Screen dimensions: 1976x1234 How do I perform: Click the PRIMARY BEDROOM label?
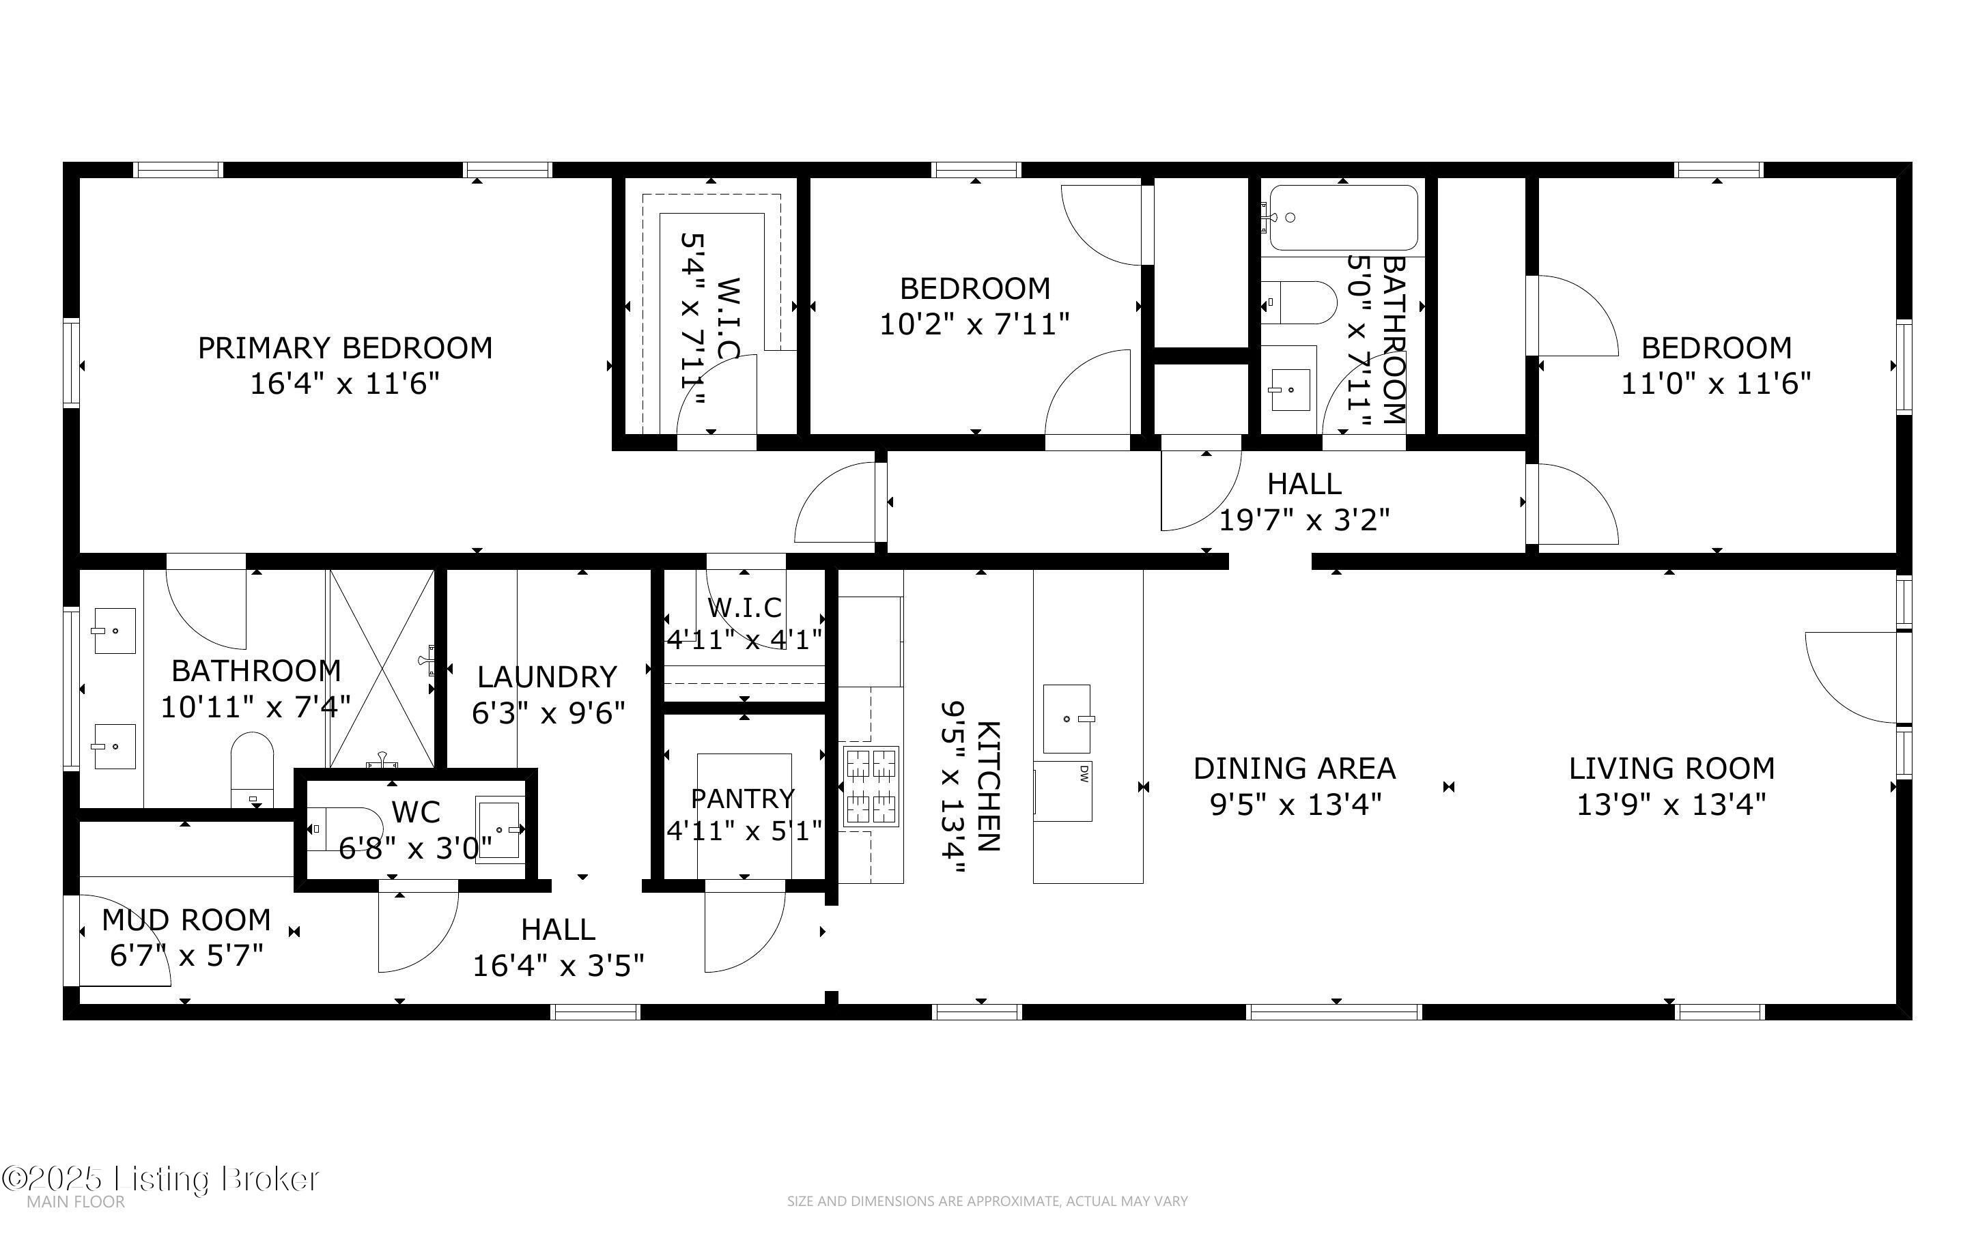pos(345,347)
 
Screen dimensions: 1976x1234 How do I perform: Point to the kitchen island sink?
pos(1067,719)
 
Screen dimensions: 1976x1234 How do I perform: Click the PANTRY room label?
pos(743,797)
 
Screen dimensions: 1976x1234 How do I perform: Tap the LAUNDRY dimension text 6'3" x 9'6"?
pos(548,713)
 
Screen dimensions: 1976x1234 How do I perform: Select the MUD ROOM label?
pos(186,920)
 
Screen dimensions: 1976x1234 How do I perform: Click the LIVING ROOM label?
pos(1671,768)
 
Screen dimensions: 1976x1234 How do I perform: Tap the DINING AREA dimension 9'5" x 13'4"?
pos(1295,805)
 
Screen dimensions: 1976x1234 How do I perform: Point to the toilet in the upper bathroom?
pos(1299,303)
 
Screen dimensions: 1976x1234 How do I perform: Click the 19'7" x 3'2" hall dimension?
pos(1304,519)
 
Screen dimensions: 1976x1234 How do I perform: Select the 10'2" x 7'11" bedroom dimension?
pos(974,325)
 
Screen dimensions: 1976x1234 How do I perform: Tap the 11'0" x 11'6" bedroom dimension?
pos(1716,383)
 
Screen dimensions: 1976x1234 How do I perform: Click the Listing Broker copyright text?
pos(160,1179)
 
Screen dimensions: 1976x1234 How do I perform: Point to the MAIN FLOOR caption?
pos(76,1202)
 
